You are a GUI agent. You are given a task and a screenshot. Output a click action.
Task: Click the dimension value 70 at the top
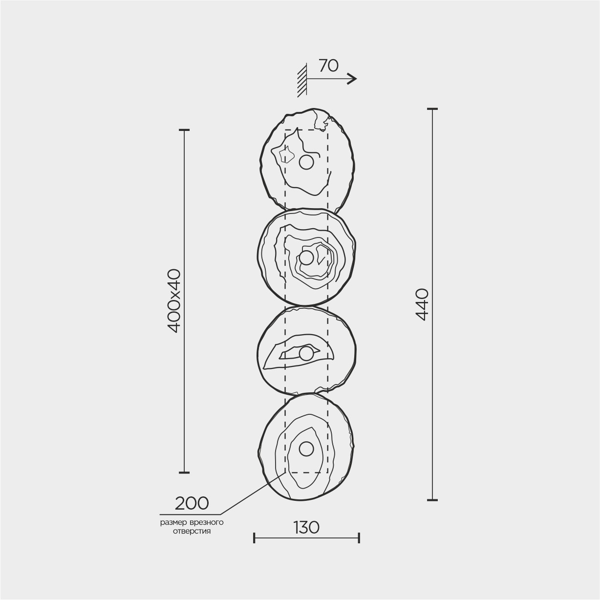[x=328, y=65]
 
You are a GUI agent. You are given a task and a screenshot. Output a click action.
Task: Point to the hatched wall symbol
[x=302, y=80]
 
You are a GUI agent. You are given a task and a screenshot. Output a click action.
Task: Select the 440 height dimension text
[x=422, y=304]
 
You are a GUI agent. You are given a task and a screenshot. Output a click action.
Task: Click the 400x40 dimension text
[x=174, y=301]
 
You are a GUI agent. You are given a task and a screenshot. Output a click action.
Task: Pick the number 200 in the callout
[x=192, y=503]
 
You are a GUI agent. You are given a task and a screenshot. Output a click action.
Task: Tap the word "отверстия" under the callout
[x=192, y=531]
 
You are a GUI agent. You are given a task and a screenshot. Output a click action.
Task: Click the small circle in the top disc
[x=306, y=162]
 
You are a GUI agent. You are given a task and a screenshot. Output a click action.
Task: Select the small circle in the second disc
[x=306, y=257]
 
